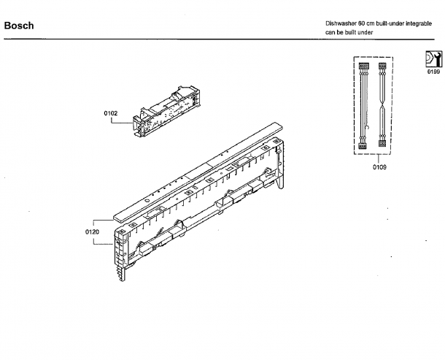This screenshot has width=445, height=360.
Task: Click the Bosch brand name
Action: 19,26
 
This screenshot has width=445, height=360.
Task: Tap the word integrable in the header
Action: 419,23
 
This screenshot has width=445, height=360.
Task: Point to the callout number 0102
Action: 111,113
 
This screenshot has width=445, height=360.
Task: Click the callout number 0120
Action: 92,232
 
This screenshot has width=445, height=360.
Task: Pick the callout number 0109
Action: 379,167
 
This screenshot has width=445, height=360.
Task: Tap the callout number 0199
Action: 433,72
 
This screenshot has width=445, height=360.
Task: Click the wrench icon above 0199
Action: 433,59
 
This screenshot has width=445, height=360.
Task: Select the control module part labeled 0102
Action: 167,111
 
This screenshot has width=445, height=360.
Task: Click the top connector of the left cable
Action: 364,66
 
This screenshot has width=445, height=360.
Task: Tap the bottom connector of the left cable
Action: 363,145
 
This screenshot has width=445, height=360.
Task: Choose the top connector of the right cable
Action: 382,66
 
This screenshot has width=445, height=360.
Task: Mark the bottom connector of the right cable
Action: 382,143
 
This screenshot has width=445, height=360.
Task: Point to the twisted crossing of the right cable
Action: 382,106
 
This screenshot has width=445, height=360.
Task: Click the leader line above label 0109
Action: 379,159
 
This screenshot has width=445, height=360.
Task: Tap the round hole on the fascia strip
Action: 147,201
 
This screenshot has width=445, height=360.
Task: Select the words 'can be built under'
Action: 349,32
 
